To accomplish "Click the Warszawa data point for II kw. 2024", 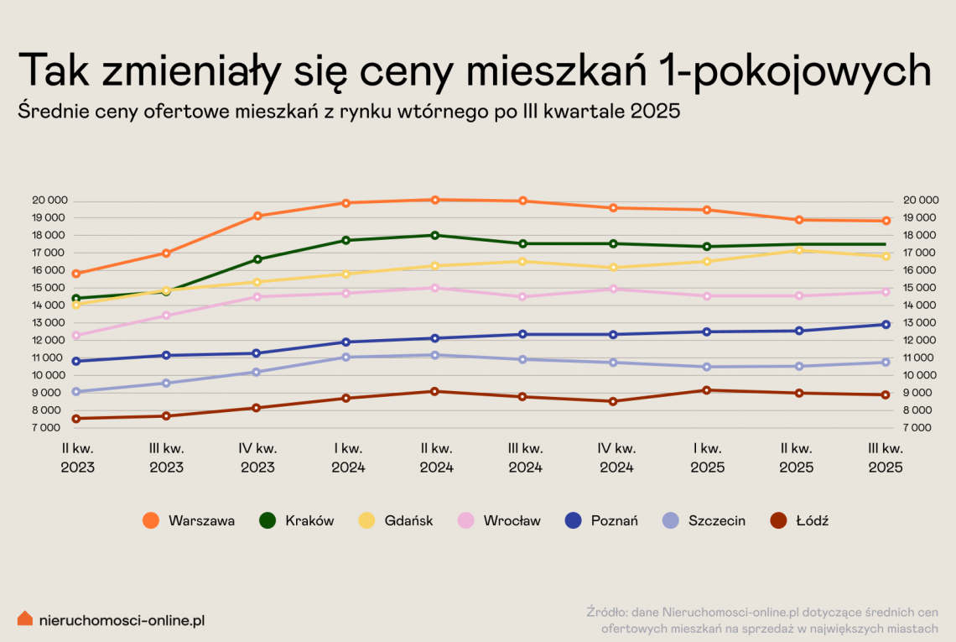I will tap(435, 200).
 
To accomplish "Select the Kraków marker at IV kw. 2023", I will tap(257, 259).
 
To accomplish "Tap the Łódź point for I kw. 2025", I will tap(707, 390).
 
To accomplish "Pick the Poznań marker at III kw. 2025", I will tap(886, 325).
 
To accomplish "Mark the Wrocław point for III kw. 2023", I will tap(166, 316).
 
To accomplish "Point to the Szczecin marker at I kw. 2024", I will tap(346, 358).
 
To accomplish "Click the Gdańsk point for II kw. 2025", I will tap(799, 250).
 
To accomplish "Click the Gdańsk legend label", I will tap(408, 520).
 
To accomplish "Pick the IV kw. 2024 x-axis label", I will tap(616, 458).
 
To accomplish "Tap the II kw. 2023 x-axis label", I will tap(77, 458).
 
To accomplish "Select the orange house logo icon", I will tap(25, 619).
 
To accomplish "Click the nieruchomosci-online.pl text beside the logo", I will tap(122, 620).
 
